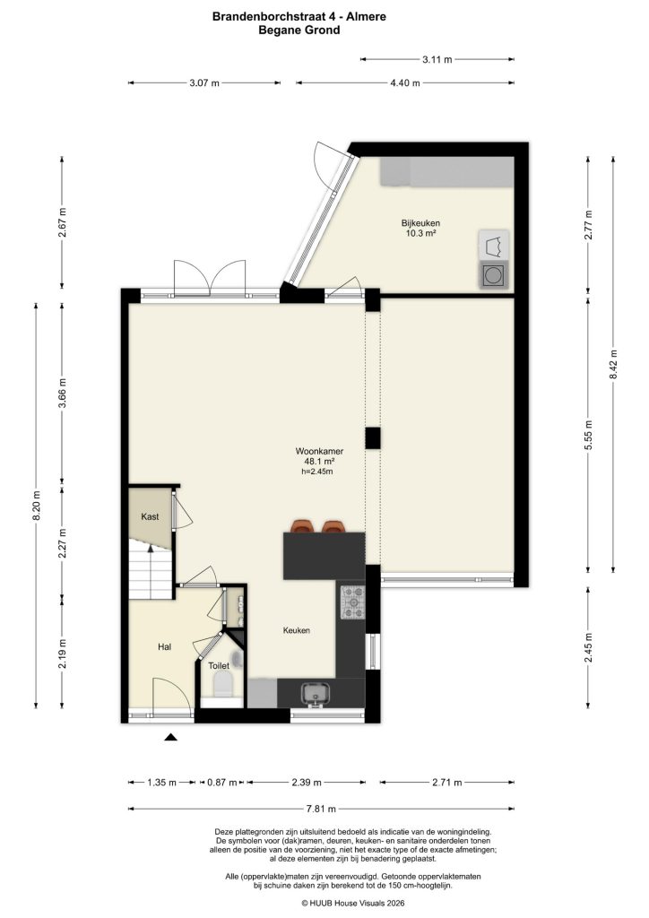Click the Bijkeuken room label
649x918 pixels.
point(420,223)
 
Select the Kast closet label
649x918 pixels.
point(150,517)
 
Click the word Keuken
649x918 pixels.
point(296,631)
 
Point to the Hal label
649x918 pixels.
point(164,645)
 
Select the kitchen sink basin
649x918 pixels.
point(316,692)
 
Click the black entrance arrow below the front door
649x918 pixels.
point(170,738)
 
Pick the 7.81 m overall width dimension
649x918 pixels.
point(325,810)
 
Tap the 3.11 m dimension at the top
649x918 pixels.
point(437,60)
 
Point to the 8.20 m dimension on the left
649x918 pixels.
point(37,504)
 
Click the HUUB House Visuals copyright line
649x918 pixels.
point(324,904)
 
